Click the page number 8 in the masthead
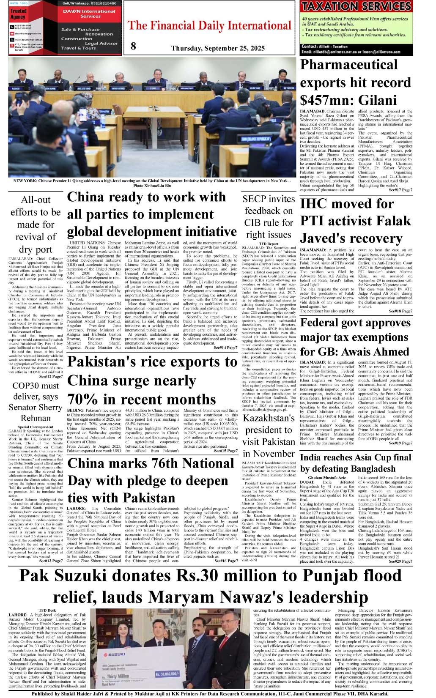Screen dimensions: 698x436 pos(134,47)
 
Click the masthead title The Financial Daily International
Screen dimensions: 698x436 pos(210,26)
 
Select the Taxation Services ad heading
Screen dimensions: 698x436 pos(356,6)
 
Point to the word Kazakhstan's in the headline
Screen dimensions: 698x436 pos(269,418)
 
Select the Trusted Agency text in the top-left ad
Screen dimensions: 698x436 pos(18,14)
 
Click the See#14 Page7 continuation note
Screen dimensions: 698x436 pos(226,348)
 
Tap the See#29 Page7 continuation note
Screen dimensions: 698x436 pos(400,561)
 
